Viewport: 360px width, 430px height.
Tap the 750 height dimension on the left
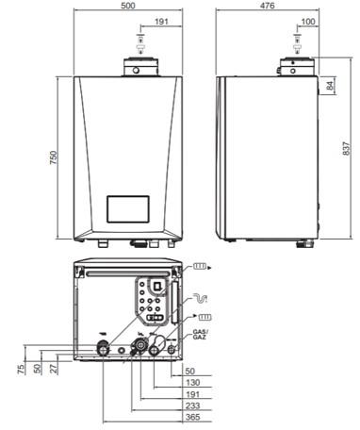click(x=55, y=156)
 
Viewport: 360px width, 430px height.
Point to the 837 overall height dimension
click(x=347, y=147)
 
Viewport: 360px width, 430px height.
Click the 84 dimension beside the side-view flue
click(x=330, y=87)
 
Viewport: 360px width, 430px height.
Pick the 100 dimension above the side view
click(x=308, y=20)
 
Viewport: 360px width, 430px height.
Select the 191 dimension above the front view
click(x=161, y=20)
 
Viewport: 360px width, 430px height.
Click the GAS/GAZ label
click(x=199, y=335)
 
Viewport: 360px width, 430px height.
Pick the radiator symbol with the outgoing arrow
click(x=201, y=268)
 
